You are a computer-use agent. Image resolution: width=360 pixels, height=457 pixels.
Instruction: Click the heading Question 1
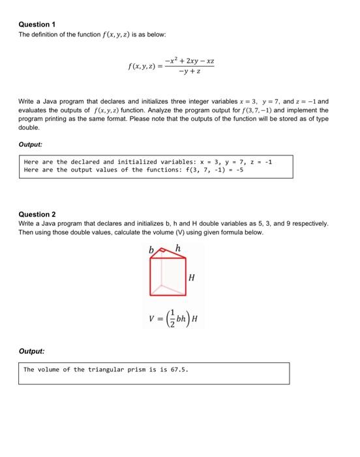coord(37,24)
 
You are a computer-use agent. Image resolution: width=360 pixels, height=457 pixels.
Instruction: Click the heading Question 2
coord(37,214)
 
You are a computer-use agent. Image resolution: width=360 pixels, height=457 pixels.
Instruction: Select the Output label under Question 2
coord(31,351)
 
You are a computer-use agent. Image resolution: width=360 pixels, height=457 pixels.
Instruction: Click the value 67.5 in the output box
coord(177,370)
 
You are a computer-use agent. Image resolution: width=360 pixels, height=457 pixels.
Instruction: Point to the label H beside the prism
coord(191,278)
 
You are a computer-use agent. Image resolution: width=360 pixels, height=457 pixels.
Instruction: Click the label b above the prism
coord(151,249)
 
